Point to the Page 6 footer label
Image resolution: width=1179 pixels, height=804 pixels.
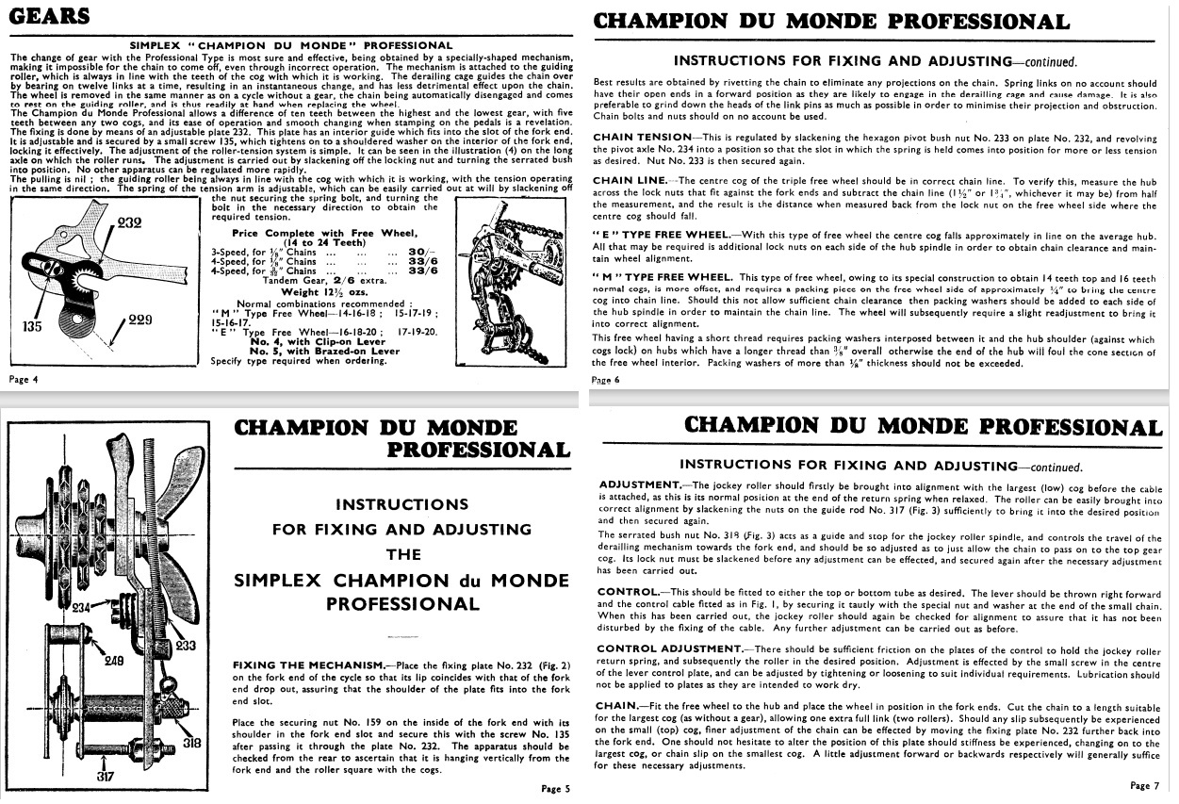click(605, 380)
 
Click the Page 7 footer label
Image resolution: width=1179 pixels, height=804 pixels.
click(1141, 785)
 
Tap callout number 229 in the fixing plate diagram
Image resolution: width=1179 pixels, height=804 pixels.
click(141, 321)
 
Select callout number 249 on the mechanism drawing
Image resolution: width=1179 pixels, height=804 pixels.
click(113, 661)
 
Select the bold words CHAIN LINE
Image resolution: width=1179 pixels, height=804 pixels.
click(628, 181)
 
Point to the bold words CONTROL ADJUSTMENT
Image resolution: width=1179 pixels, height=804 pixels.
click(670, 648)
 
